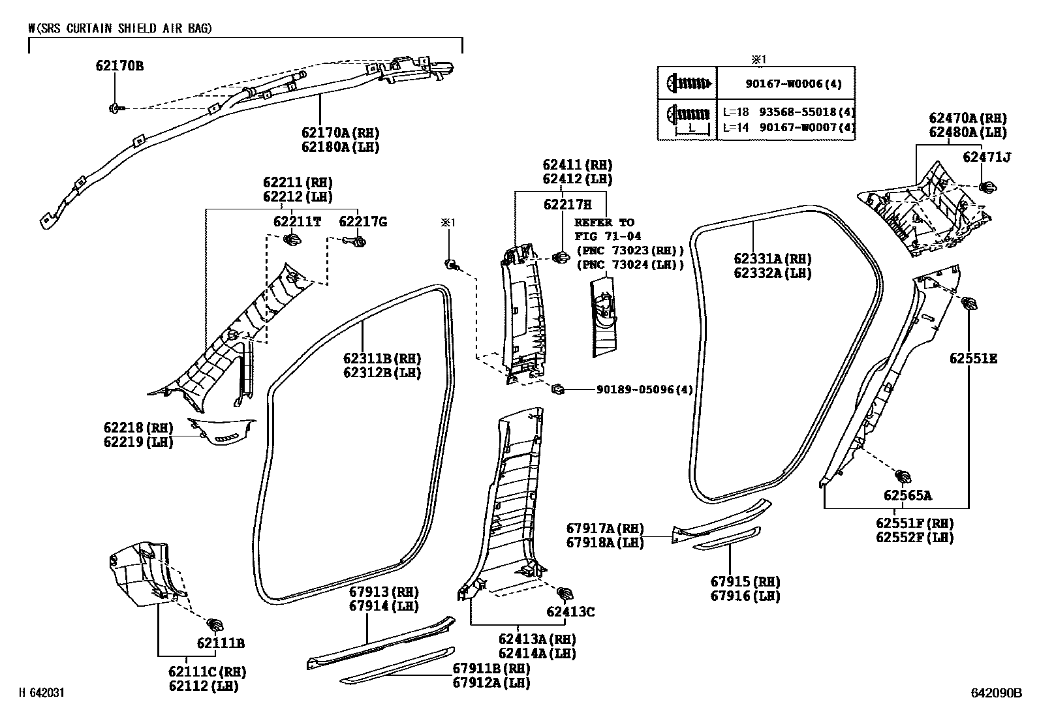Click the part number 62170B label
[x=119, y=66]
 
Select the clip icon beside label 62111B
[x=215, y=623]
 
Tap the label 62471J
[x=987, y=157]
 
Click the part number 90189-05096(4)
[x=644, y=390]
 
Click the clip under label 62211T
[x=292, y=241]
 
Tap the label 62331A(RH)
[x=772, y=259]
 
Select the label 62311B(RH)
[x=382, y=359]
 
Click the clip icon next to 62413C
[x=565, y=593]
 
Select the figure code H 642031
[x=44, y=694]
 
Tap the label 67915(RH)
[x=745, y=581]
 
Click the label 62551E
[x=973, y=359]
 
